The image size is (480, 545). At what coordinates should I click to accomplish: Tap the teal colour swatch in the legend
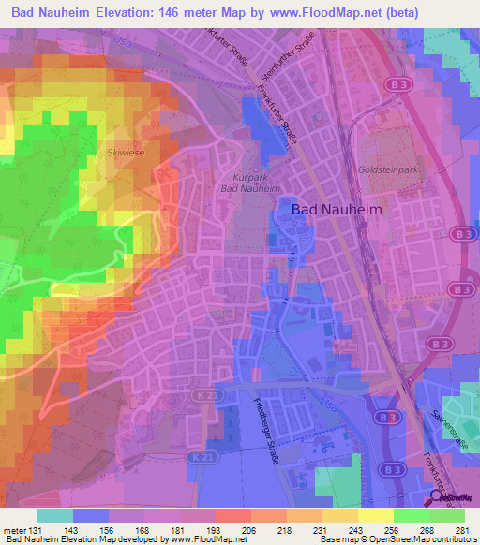point(54,516)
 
